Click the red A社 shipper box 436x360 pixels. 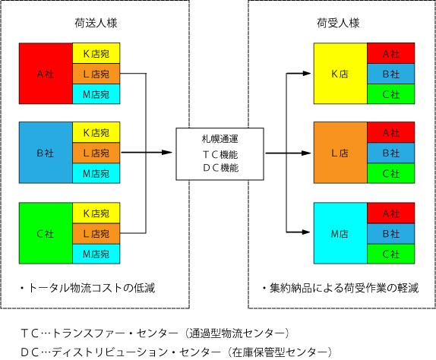[46, 74]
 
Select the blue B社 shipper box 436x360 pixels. [46, 153]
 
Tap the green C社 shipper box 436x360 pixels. [46, 233]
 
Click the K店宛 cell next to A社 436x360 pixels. [96, 53]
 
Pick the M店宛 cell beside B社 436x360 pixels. [96, 173]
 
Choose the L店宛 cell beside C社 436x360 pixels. [96, 233]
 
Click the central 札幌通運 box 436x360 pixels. [220, 154]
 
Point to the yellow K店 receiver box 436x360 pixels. [340, 74]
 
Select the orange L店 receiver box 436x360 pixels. [340, 153]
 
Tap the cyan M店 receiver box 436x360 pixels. [340, 233]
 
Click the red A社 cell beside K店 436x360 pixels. [391, 53]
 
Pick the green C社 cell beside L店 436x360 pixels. [391, 173]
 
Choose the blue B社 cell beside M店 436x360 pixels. [391, 233]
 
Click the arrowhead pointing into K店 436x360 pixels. [306, 74]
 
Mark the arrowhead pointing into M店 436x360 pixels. [306, 232]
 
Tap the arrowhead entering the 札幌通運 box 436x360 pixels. [167, 153]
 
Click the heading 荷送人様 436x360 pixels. [96, 23]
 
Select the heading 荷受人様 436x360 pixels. [338, 23]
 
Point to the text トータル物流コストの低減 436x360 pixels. [91, 288]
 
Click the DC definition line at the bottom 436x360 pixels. [176, 352]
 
